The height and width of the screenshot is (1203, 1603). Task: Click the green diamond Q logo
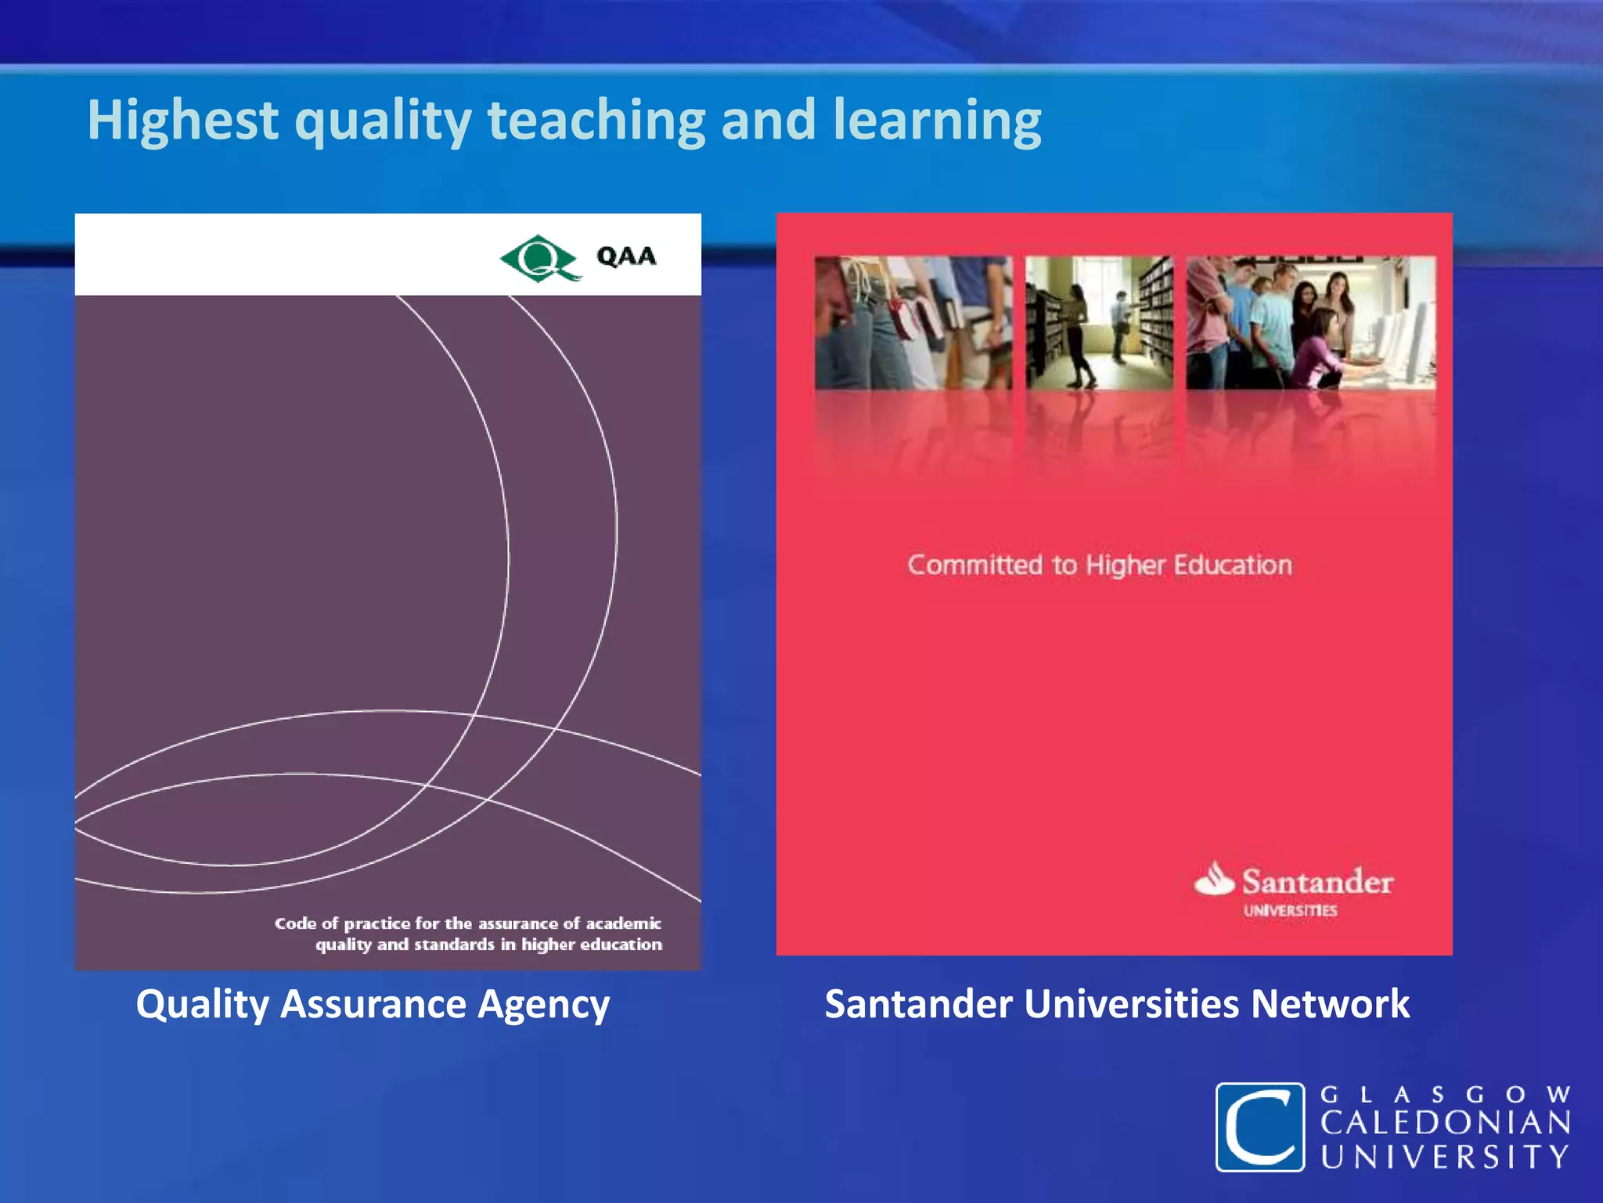pyautogui.click(x=539, y=257)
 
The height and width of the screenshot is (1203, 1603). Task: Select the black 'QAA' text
pyautogui.click(x=626, y=256)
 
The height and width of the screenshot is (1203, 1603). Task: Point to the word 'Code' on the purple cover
pyautogui.click(x=295, y=923)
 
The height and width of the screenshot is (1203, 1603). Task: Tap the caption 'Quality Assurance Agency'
pyautogui.click(x=373, y=1004)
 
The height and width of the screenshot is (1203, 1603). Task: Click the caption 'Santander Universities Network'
pyautogui.click(x=1117, y=1004)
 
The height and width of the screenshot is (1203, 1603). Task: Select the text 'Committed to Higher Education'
pyautogui.click(x=1099, y=565)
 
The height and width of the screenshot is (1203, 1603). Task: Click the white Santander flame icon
pyautogui.click(x=1214, y=879)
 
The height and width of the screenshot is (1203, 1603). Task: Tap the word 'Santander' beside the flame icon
pyautogui.click(x=1317, y=882)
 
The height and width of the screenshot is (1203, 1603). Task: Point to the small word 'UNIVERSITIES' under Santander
pyautogui.click(x=1290, y=911)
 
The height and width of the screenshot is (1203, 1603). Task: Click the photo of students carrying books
pyautogui.click(x=913, y=323)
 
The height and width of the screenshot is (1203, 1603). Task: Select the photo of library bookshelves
pyautogui.click(x=1099, y=323)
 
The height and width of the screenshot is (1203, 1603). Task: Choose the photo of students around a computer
pyautogui.click(x=1310, y=323)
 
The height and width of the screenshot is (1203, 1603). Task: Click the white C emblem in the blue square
pyautogui.click(x=1259, y=1127)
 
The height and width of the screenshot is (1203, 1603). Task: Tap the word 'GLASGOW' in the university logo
pyautogui.click(x=1445, y=1094)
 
